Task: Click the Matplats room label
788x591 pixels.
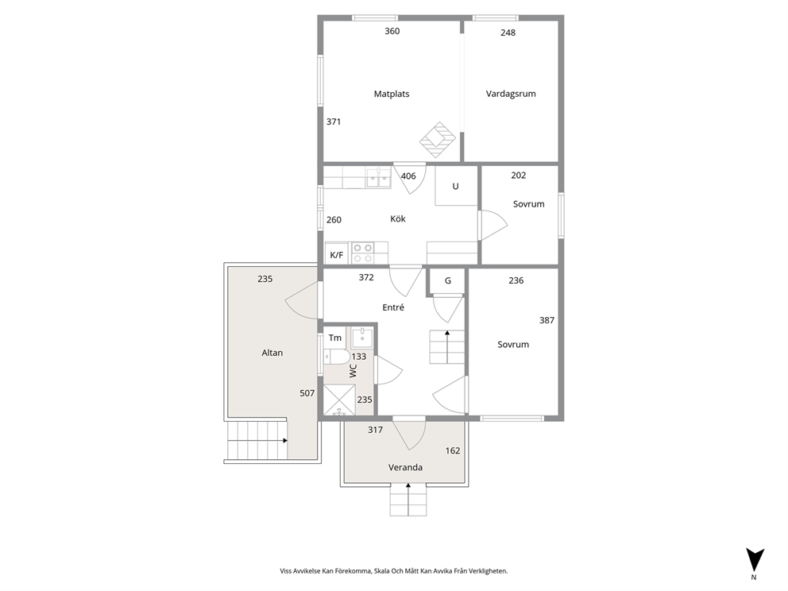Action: (392, 94)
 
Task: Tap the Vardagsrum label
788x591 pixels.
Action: (511, 94)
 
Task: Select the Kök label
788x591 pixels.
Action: (397, 218)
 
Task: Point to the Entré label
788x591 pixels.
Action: (393, 307)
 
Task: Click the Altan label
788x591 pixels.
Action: (272, 353)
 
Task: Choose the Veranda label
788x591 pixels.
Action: (405, 467)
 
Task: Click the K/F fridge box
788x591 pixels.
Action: (337, 254)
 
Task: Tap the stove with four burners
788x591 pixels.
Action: (362, 253)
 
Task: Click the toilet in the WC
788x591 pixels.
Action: (337, 357)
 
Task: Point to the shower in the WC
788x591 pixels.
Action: (339, 400)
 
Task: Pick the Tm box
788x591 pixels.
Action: (334, 338)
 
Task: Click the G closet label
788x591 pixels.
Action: (448, 281)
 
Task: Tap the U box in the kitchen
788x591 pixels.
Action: (456, 186)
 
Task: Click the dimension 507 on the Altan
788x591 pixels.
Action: (307, 393)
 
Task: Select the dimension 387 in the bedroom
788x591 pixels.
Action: (547, 320)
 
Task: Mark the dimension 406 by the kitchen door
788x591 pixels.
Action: (408, 176)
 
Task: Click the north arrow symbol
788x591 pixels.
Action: (755, 559)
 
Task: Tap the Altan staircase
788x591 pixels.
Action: (258, 440)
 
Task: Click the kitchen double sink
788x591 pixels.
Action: (378, 178)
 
